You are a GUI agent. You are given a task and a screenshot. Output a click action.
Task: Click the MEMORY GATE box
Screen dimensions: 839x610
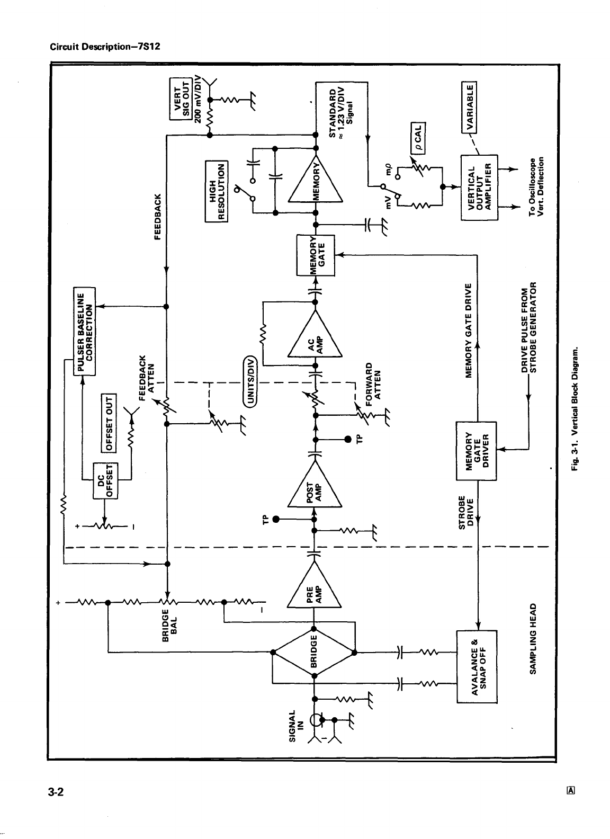(316, 255)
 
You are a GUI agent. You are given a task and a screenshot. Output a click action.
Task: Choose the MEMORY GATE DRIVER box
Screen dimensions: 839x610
(477, 450)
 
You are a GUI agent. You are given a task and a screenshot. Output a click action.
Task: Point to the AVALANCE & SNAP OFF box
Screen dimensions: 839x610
(477, 666)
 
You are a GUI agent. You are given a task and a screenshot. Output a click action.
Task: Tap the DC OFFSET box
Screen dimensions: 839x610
(105, 480)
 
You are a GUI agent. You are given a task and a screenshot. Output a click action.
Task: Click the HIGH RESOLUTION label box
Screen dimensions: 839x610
(216, 191)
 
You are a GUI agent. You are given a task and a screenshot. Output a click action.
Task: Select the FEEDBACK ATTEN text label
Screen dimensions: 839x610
(146, 376)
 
